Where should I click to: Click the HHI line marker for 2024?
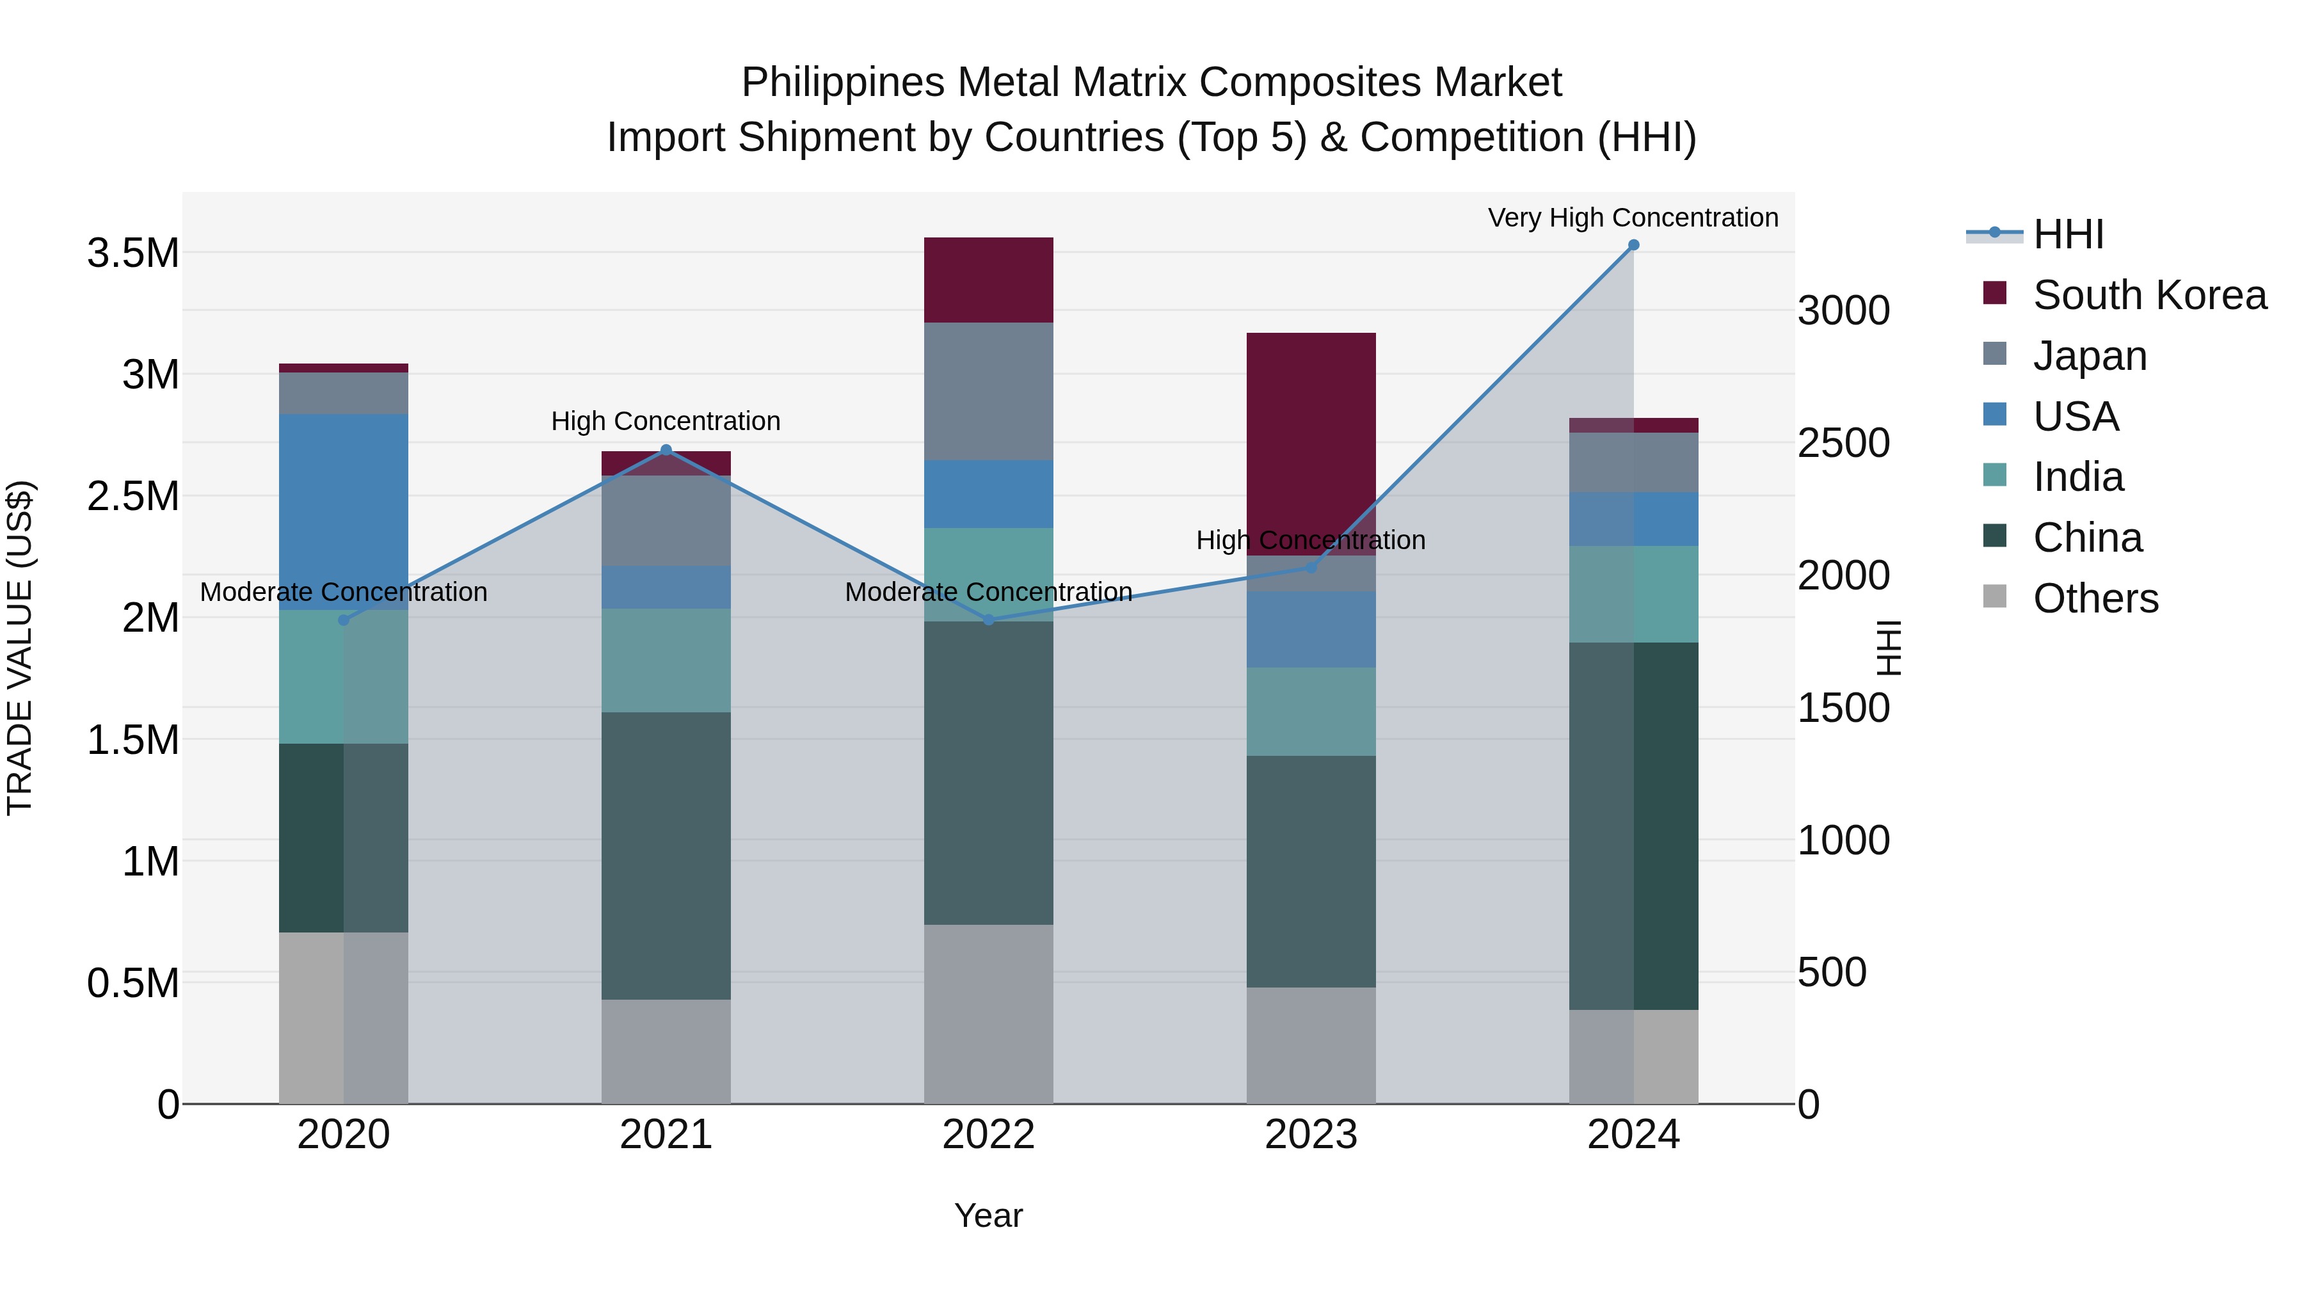1633,245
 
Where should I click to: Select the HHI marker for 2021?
666,450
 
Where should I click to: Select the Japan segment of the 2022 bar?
988,391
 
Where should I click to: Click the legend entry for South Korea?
2148,295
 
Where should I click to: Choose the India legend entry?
2077,477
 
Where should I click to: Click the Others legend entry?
2095,598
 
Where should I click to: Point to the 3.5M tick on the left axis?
132,253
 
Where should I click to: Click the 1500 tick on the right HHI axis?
1843,707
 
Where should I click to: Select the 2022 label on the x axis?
988,1135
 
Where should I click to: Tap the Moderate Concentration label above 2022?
988,592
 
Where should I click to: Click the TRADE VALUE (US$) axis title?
20,648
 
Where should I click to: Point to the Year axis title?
988,1215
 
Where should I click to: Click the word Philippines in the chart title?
842,83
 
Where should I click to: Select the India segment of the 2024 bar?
1633,594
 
